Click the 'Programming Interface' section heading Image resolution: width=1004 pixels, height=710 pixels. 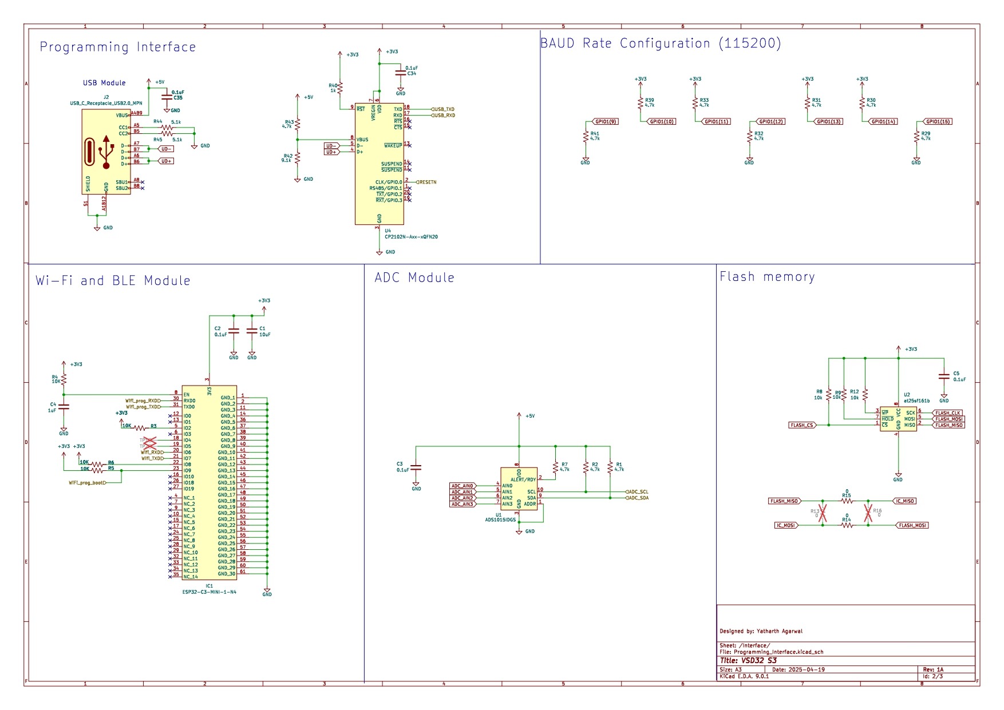click(x=117, y=47)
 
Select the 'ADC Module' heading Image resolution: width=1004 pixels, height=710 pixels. click(x=414, y=277)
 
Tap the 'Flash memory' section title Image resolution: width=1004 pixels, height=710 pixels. click(x=767, y=277)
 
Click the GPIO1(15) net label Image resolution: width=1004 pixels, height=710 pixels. click(x=938, y=121)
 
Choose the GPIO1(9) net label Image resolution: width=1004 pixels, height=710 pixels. click(x=606, y=121)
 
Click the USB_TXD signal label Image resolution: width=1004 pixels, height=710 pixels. click(x=444, y=109)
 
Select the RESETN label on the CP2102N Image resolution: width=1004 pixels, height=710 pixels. click(x=427, y=182)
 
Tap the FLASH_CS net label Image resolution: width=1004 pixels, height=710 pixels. click(x=801, y=425)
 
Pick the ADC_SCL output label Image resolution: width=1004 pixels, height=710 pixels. click(x=638, y=491)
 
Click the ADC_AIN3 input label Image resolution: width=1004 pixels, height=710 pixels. click(x=463, y=504)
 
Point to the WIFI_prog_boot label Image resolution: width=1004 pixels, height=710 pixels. click(x=86, y=482)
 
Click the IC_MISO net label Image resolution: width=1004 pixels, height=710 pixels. click(x=905, y=501)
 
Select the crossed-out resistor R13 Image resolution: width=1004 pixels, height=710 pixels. click(x=823, y=513)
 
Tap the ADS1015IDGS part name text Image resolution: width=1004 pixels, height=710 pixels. click(x=500, y=520)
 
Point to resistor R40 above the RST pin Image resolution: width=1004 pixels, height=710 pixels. click(x=339, y=88)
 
